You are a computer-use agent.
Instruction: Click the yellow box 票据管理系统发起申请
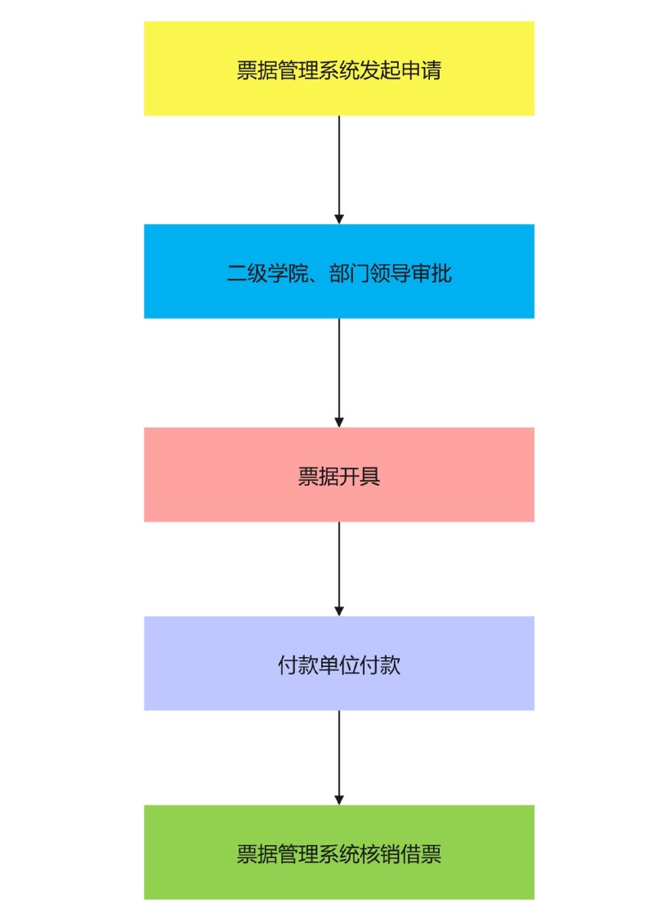click(x=339, y=69)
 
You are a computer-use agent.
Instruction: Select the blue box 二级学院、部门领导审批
click(x=339, y=271)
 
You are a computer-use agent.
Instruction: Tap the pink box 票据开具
click(x=339, y=475)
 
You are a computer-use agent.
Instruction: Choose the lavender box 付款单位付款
click(x=339, y=663)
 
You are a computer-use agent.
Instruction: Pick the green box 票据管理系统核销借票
click(x=339, y=852)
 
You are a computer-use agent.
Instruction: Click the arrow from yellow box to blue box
click(x=339, y=170)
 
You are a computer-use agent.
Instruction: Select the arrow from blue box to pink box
click(x=339, y=373)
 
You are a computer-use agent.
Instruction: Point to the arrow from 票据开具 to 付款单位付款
click(x=339, y=569)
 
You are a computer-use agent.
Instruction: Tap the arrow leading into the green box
click(x=339, y=758)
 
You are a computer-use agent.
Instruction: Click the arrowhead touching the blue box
click(x=339, y=220)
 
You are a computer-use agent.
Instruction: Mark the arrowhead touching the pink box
click(x=339, y=423)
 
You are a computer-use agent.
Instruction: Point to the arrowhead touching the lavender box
click(x=339, y=611)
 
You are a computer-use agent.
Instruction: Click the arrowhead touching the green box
click(x=339, y=800)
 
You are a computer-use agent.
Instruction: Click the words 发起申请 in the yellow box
click(x=400, y=70)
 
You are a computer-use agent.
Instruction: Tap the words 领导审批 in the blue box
click(x=411, y=273)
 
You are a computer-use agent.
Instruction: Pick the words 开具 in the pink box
click(x=360, y=477)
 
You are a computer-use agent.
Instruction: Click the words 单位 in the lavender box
click(x=339, y=665)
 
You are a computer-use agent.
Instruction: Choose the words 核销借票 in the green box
click(x=400, y=854)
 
